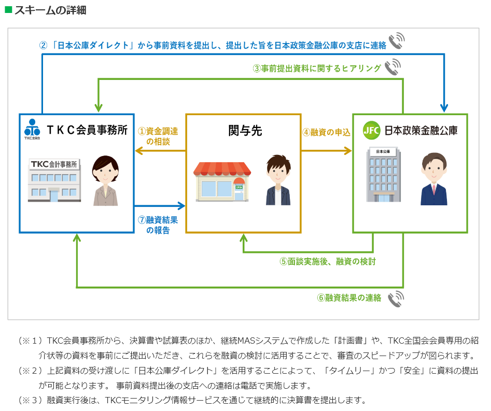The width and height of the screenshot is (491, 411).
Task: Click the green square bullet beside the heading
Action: (8, 10)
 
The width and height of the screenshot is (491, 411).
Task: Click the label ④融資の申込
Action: (327, 132)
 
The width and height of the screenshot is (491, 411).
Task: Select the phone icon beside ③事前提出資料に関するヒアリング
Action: (393, 67)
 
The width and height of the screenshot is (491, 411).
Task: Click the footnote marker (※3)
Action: (30, 400)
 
